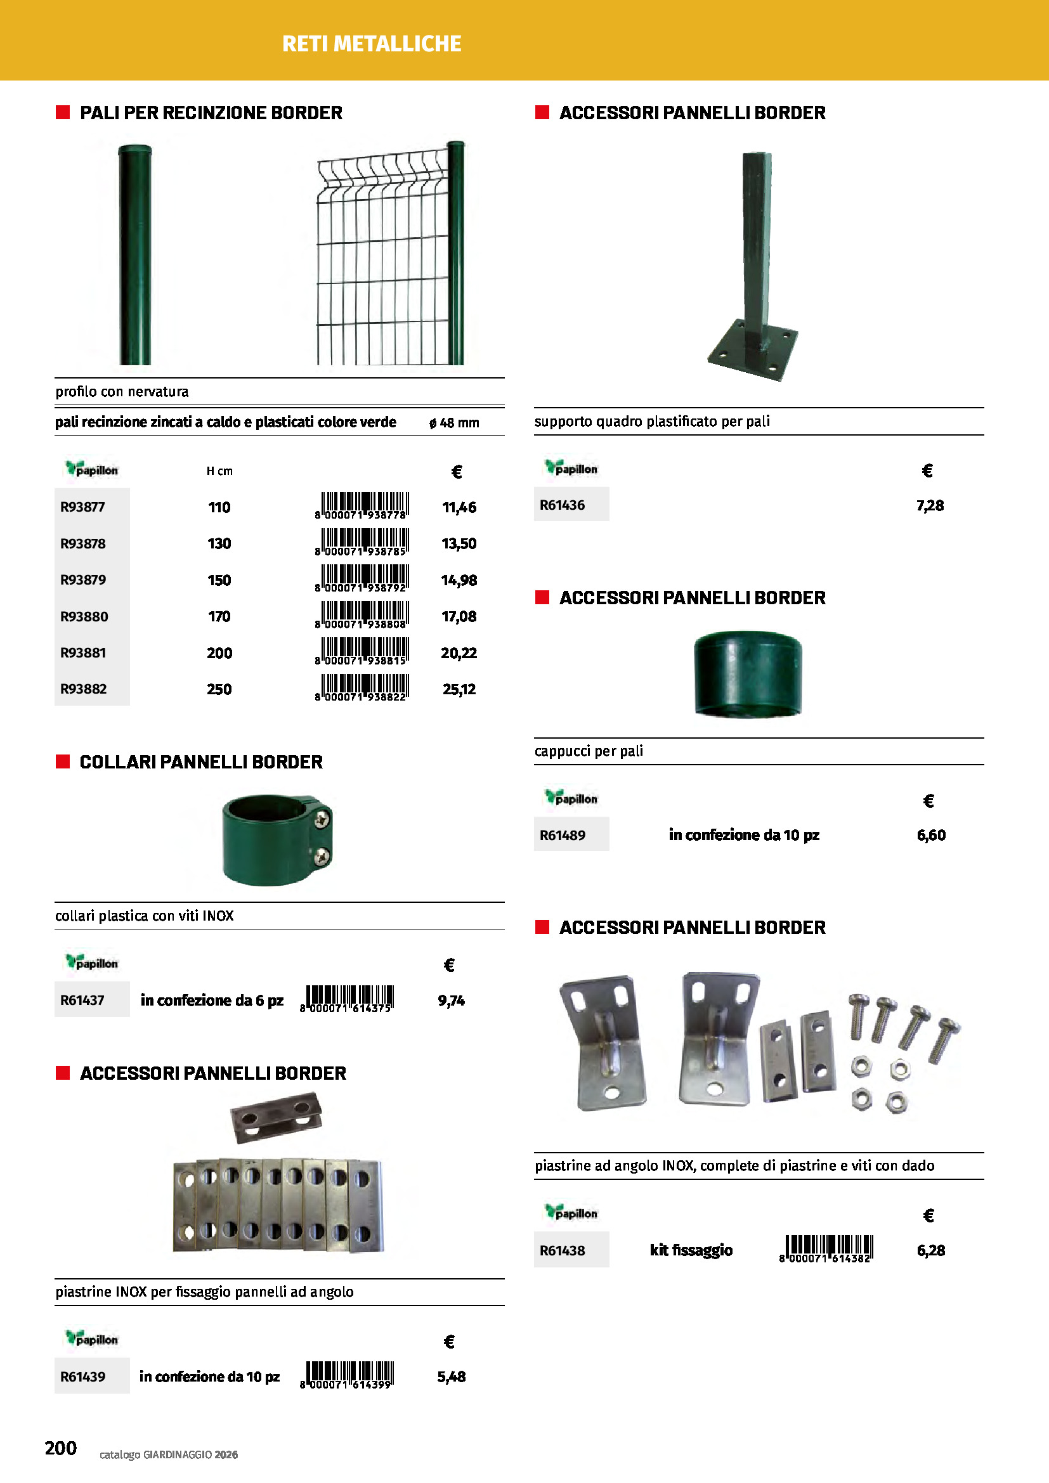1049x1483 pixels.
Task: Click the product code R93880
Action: [x=84, y=616]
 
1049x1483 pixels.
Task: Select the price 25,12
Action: [x=459, y=689]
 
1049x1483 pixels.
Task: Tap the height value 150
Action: [x=219, y=580]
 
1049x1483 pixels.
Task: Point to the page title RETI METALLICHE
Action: [x=372, y=43]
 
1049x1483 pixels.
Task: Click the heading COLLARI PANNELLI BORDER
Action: [x=201, y=762]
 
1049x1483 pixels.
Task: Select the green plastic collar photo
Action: [x=277, y=839]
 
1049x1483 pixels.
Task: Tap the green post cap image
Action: [x=747, y=674]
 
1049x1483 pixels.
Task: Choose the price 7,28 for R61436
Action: [x=930, y=505]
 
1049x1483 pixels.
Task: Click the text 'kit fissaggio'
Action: [x=691, y=1250]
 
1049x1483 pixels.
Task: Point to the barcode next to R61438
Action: [x=828, y=1248]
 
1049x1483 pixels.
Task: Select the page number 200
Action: [x=61, y=1447]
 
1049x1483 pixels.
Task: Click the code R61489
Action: [x=562, y=835]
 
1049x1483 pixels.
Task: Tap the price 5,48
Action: [x=451, y=1376]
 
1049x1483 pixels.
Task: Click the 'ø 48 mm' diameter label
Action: [x=454, y=422]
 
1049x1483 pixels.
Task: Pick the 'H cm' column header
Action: [x=219, y=471]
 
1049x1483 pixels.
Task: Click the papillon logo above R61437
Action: [x=92, y=962]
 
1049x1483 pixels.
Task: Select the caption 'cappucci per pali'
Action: [x=589, y=751]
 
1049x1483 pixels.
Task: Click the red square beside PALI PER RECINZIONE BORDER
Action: [x=63, y=112]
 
